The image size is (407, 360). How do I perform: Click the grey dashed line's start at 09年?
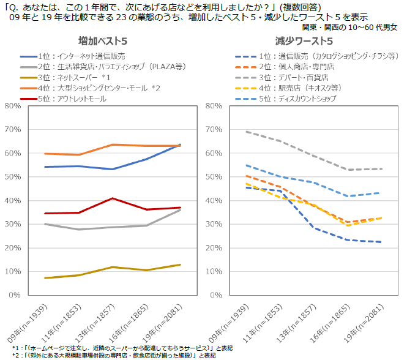pyautogui.click(x=228, y=132)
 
